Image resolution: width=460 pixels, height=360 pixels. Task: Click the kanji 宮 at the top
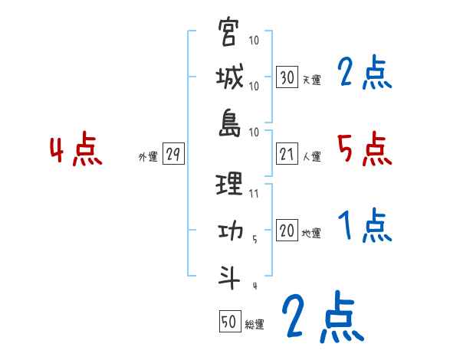pyautogui.click(x=229, y=34)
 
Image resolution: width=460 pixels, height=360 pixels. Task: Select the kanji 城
pyautogui.click(x=229, y=78)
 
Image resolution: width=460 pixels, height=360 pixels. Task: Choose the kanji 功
pyautogui.click(x=229, y=231)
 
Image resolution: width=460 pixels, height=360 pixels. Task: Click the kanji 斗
pyautogui.click(x=229, y=277)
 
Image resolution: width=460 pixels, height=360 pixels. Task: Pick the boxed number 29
pyautogui.click(x=172, y=155)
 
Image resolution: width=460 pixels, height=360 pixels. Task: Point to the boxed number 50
pyautogui.click(x=229, y=322)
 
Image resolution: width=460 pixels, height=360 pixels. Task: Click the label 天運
pyautogui.click(x=310, y=80)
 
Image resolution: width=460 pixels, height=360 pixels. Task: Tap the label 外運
pyautogui.click(x=147, y=156)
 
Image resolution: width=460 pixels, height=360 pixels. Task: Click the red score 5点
pyautogui.click(x=364, y=149)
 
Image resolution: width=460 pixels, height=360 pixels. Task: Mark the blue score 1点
pyautogui.click(x=364, y=227)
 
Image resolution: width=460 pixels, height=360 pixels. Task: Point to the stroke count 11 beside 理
pyautogui.click(x=255, y=195)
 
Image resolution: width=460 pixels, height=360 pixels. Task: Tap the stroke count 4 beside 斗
pyautogui.click(x=255, y=286)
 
